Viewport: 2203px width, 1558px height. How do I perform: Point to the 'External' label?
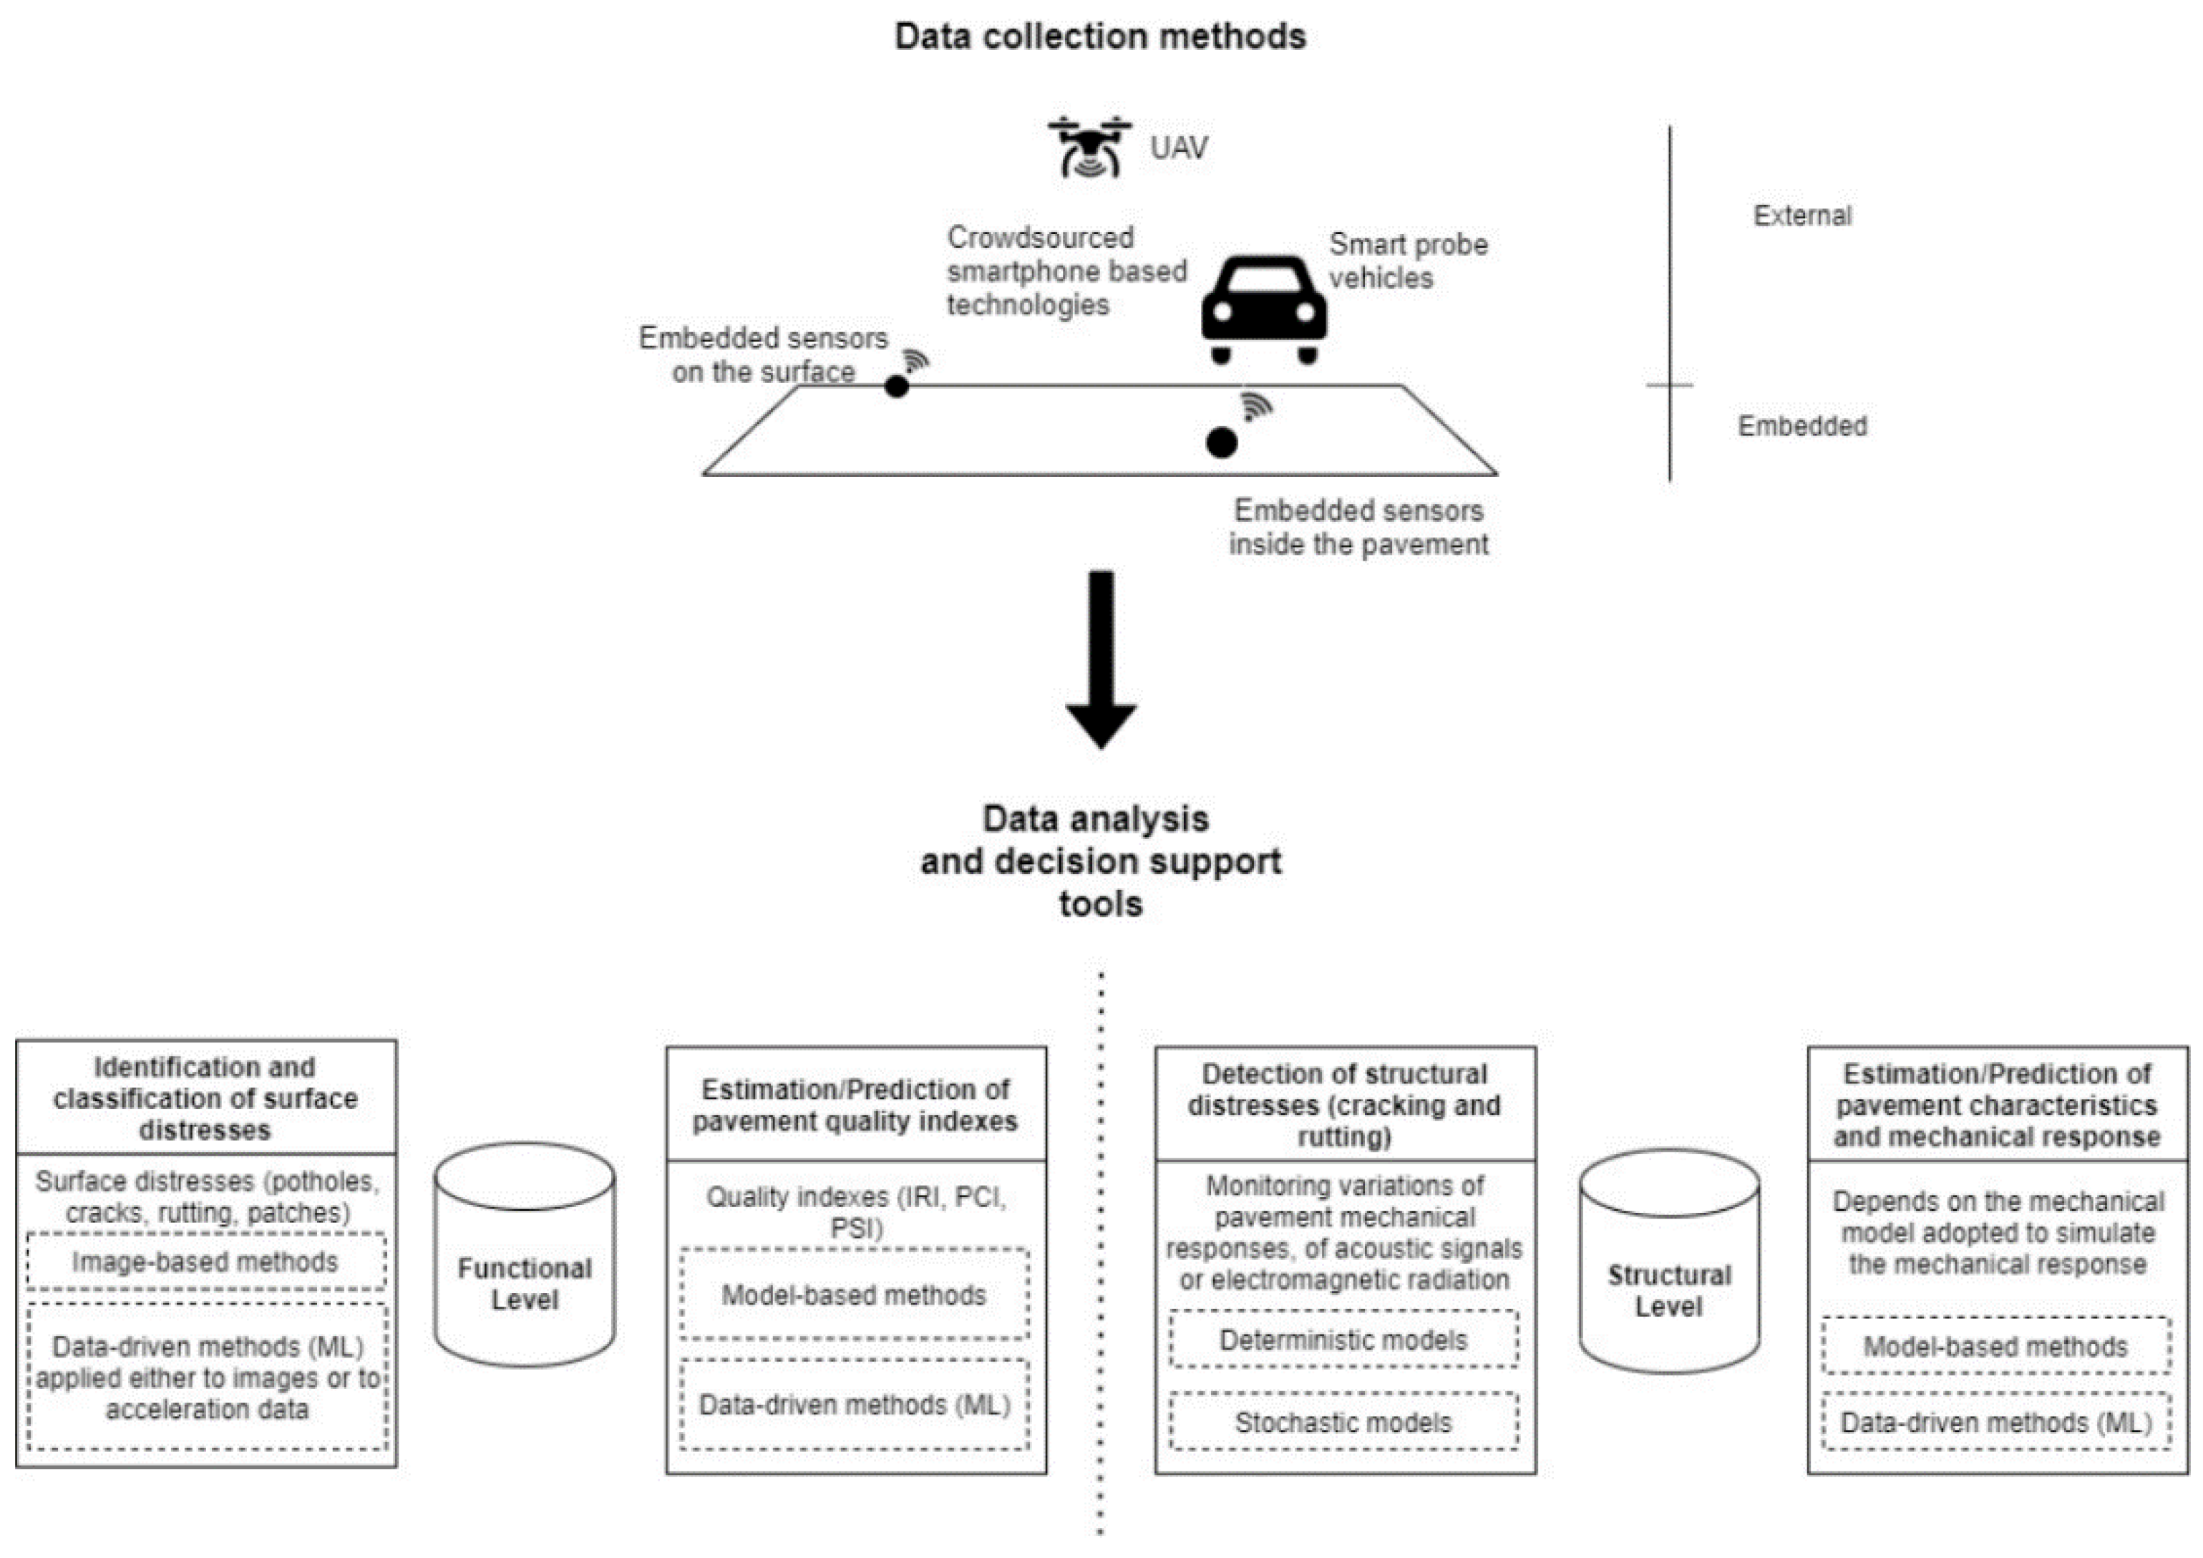point(1802,215)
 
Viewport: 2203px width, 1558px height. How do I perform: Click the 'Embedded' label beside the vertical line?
point(1802,425)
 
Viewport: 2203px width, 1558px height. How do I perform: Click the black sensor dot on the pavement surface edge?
point(896,386)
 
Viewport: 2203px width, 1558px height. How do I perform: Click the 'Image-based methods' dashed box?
point(205,1262)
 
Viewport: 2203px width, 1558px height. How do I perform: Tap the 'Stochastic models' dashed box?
point(1343,1422)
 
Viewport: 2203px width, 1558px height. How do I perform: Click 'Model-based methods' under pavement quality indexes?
point(854,1295)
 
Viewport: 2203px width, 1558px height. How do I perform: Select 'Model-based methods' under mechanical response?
point(1995,1347)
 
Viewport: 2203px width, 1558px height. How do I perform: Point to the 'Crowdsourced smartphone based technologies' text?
point(1065,271)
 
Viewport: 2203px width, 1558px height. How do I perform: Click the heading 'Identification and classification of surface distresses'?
point(205,1098)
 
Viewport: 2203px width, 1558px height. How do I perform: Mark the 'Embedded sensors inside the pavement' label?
point(1358,527)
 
